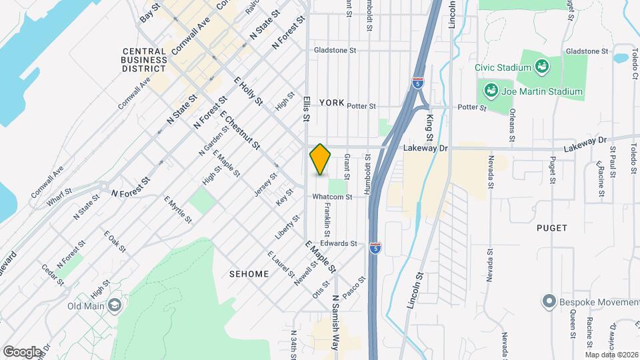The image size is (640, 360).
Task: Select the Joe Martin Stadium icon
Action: coord(491,90)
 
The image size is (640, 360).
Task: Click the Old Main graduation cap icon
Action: coord(114,305)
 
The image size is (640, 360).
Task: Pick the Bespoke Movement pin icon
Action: coord(549,302)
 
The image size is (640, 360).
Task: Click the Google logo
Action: coord(22,351)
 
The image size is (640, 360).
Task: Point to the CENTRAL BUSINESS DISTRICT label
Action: coord(144,59)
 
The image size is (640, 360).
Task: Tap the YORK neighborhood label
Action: coord(331,103)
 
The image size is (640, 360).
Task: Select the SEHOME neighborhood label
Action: coord(249,274)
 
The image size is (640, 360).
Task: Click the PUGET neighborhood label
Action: coord(551,228)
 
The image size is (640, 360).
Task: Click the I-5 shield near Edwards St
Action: coord(376,247)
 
